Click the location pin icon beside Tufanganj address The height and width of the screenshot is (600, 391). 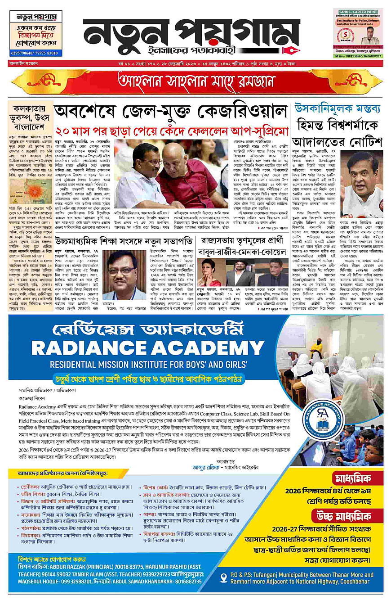click(x=224, y=577)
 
